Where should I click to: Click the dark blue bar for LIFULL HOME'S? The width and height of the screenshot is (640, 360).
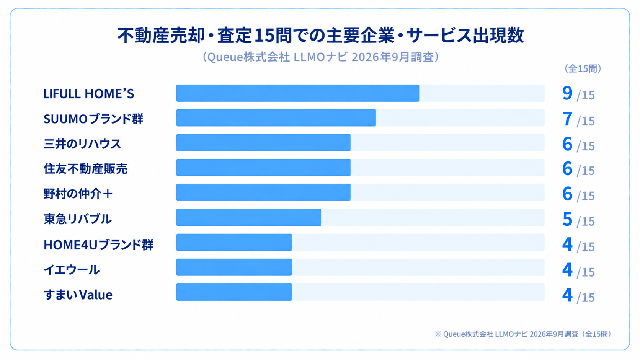298,93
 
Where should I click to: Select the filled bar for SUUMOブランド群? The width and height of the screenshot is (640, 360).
276,118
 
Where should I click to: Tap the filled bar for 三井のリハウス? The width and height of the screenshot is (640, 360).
263,143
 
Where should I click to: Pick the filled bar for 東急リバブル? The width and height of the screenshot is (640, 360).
248,217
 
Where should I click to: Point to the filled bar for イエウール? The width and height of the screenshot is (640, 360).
234,267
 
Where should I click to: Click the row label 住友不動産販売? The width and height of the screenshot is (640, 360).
85,168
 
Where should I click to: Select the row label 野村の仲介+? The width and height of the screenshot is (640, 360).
78,194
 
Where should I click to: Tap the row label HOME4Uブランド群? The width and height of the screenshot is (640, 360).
99,244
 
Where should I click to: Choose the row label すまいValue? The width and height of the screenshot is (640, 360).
78,295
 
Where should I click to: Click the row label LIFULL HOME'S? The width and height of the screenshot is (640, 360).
88,94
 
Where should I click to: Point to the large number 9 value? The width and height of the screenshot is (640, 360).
567,93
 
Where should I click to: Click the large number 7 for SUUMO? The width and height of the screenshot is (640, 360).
567,119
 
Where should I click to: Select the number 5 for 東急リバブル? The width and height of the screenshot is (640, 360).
567,219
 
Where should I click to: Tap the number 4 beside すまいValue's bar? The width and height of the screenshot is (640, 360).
567,295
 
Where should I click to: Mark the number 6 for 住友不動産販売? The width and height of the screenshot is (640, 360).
567,168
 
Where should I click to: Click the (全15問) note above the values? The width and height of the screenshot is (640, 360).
583,68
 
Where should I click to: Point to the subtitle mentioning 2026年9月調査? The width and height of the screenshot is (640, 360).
320,57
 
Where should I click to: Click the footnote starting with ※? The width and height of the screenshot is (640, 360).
523,334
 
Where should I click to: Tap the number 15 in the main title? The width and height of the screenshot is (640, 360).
265,36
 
